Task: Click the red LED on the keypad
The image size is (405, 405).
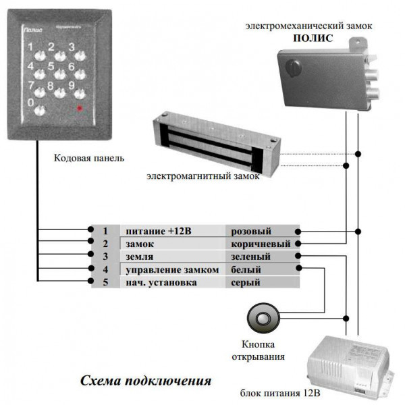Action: [x=80, y=108]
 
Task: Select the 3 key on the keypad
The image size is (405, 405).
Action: [x=71, y=49]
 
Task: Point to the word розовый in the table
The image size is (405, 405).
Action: [x=250, y=231]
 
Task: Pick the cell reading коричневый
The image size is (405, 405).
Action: [x=261, y=244]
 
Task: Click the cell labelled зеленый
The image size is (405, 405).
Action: [x=250, y=256]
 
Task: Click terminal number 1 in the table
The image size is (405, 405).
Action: [x=105, y=231]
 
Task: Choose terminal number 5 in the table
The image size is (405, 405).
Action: [x=105, y=282]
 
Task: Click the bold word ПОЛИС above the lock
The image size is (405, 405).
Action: [x=313, y=38]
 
